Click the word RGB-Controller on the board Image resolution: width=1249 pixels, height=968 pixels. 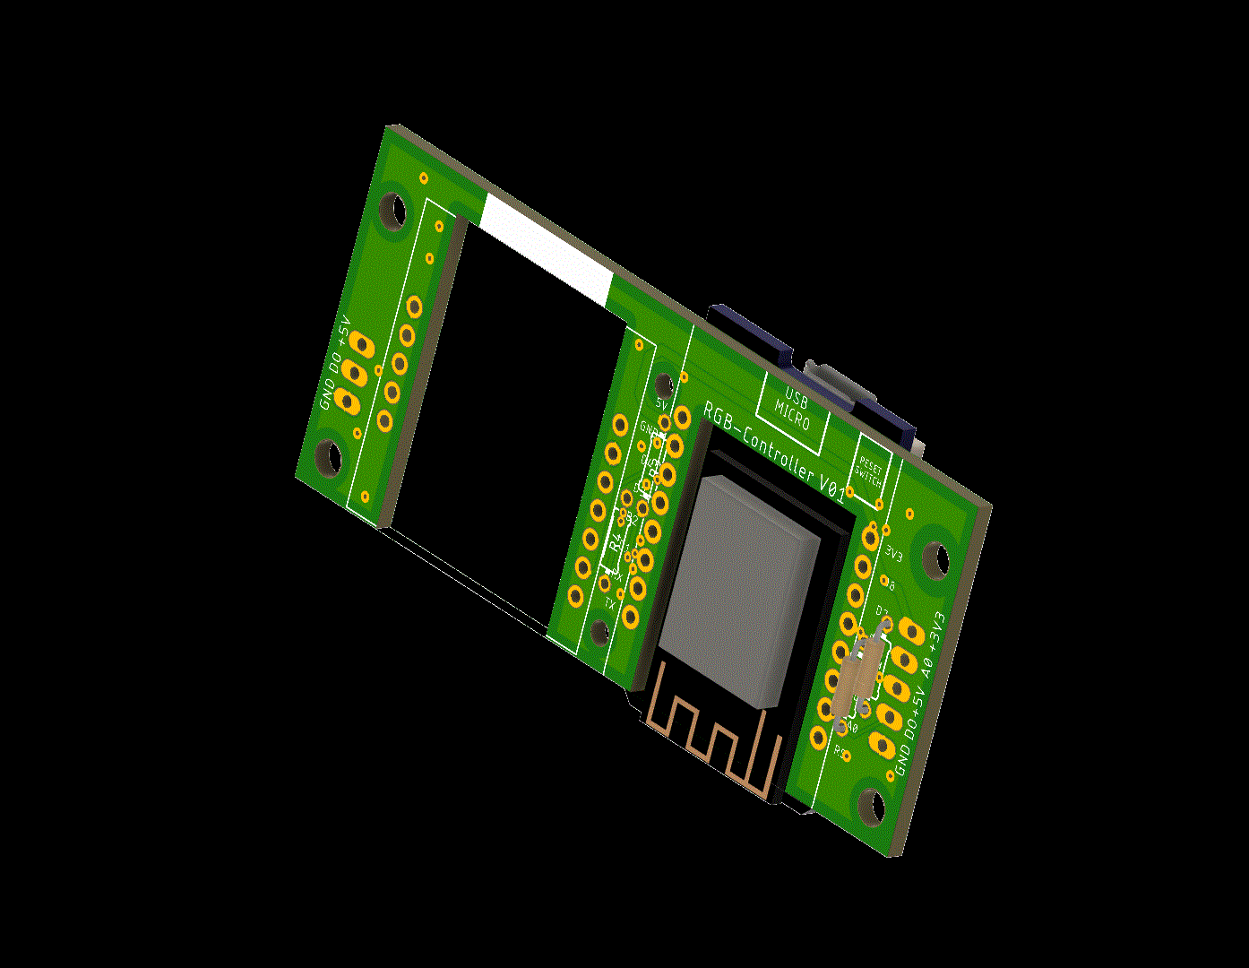[x=761, y=444]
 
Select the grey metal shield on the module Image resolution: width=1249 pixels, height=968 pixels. [x=740, y=588]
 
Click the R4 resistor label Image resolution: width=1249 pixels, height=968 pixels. [x=616, y=542]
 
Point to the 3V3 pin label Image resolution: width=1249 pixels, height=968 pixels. [x=893, y=552]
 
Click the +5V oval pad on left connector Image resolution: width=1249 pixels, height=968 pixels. [x=361, y=342]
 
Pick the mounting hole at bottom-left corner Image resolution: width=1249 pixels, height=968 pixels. [x=329, y=459]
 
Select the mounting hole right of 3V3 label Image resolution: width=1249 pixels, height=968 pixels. [x=937, y=558]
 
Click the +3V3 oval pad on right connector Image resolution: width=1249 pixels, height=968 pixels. [x=912, y=631]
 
